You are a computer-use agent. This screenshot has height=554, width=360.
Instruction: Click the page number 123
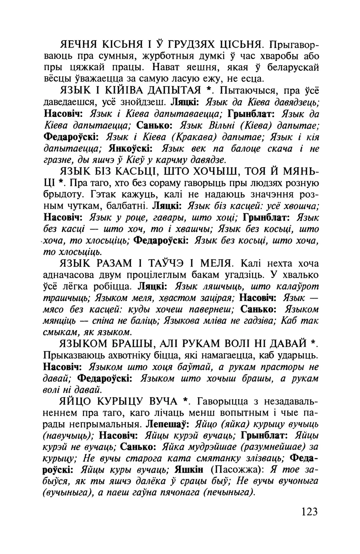(x=309, y=512)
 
